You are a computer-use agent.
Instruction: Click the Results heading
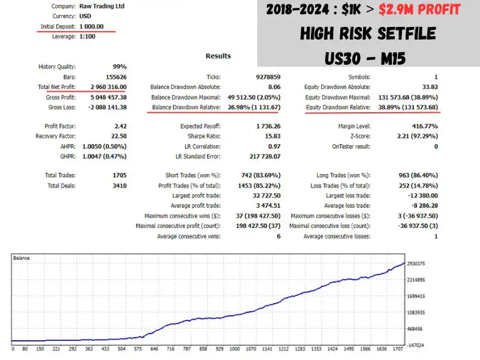(x=218, y=56)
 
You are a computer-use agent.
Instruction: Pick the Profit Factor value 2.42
(x=119, y=127)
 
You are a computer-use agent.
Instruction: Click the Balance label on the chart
(x=22, y=258)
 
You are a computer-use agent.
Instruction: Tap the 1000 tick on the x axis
(x=235, y=349)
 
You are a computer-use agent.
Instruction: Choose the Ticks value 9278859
(x=265, y=77)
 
